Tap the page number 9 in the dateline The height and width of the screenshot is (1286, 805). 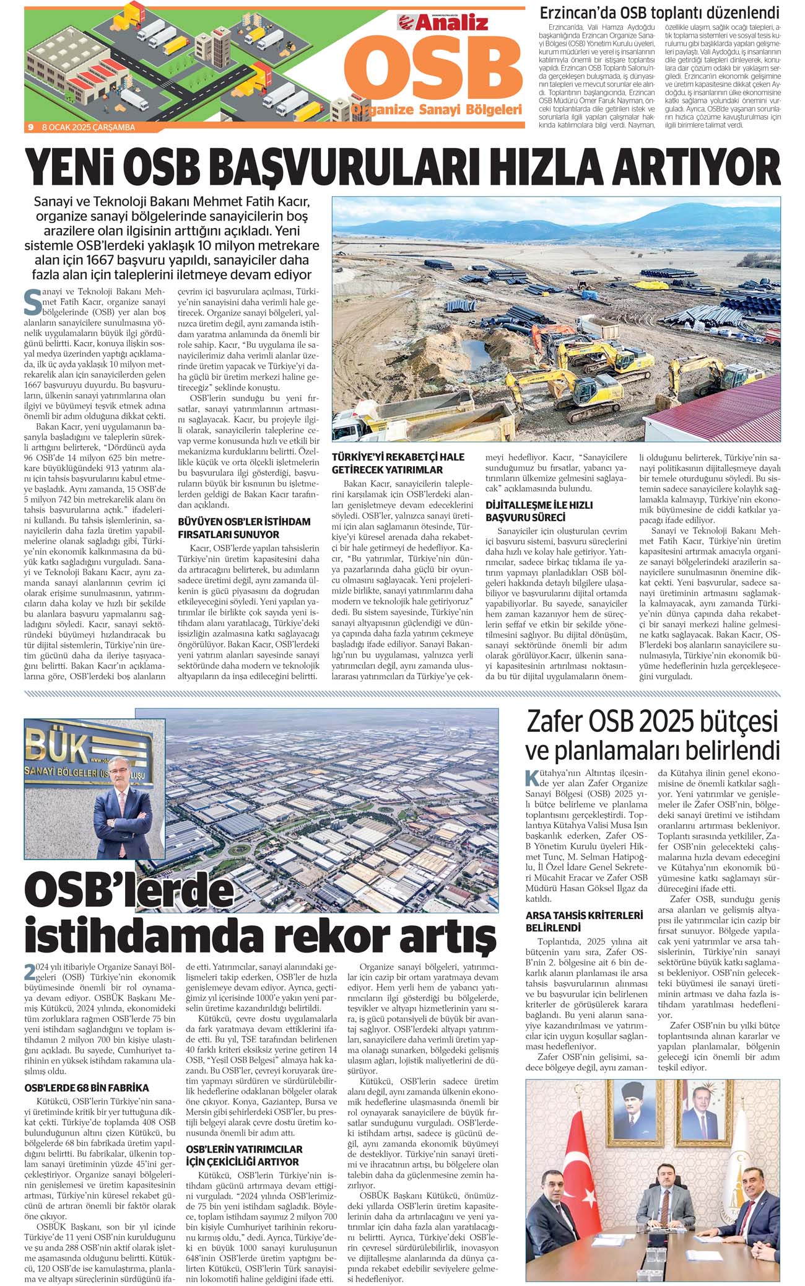[30, 127]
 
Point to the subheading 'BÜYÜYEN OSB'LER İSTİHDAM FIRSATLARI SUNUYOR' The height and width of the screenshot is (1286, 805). [244, 528]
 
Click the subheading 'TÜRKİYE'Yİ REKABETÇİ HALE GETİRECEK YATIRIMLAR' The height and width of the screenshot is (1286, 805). [398, 463]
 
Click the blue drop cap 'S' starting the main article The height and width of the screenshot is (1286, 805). [32, 299]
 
